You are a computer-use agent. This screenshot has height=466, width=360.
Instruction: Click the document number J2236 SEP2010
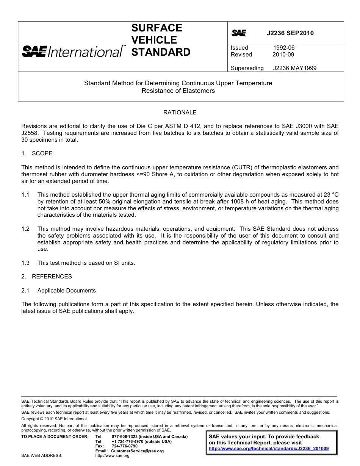point(290,33)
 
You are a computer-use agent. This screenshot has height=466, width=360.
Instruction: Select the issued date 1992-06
point(284,48)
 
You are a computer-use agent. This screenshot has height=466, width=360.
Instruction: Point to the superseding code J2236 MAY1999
point(294,68)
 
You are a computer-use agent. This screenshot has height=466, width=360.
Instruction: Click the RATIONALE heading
point(180,113)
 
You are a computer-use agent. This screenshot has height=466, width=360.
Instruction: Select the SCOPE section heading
point(42,153)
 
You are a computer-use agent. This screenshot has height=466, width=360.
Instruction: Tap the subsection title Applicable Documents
point(66,291)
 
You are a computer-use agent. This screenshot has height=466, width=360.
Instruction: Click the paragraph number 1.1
point(25,195)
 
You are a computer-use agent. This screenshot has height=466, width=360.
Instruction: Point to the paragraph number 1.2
point(25,229)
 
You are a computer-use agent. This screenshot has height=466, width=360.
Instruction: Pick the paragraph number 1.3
point(25,263)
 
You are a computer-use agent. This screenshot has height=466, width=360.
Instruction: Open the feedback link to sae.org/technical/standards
point(269,449)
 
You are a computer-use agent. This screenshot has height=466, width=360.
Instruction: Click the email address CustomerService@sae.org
point(138,451)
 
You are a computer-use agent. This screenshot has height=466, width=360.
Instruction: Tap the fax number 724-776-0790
point(125,446)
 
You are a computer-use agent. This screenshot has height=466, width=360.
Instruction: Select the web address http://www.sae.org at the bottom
point(113,456)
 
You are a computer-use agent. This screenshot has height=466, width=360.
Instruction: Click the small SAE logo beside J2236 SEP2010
point(239,33)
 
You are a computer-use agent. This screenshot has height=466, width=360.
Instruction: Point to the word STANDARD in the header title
point(161,52)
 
